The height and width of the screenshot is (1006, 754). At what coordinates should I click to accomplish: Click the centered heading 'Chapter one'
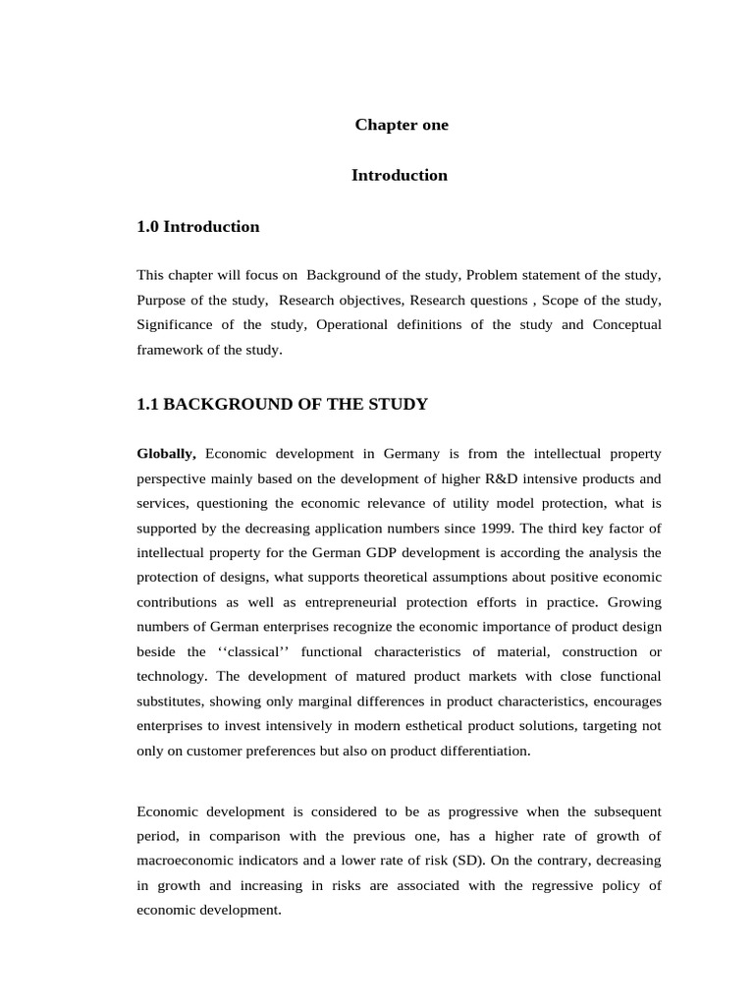click(401, 125)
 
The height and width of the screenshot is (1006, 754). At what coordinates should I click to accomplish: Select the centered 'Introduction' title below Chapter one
click(400, 175)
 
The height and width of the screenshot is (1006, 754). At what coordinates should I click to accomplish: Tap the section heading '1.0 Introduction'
click(198, 227)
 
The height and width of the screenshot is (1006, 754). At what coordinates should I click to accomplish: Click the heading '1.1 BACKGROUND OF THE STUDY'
click(283, 403)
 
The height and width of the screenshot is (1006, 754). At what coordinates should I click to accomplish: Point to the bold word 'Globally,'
click(167, 454)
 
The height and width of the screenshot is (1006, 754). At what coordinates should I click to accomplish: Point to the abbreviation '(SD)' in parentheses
click(468, 860)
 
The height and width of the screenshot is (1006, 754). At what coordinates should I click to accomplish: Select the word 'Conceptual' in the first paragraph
click(626, 324)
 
